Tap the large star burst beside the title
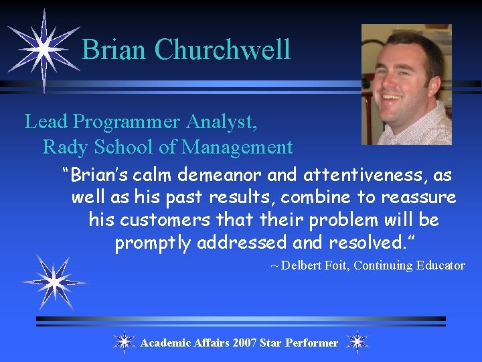(42, 49)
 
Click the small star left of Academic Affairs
(124, 342)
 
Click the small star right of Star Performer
(357, 342)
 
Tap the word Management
(238, 146)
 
